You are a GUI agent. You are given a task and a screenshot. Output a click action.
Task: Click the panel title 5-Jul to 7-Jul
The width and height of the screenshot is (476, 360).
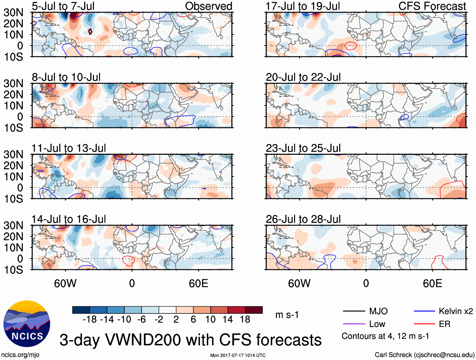coord(63,6)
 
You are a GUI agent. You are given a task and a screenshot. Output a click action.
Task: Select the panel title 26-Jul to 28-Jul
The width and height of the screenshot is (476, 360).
coord(303,219)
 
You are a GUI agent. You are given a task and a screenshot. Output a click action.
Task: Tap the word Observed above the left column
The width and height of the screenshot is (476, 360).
coord(208,6)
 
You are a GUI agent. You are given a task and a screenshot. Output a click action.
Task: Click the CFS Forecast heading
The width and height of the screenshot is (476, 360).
coord(432,6)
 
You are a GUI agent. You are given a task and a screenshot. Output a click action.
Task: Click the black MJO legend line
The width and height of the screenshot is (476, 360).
coord(354,311)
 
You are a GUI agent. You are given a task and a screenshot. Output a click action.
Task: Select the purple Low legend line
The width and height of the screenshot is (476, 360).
coord(354,324)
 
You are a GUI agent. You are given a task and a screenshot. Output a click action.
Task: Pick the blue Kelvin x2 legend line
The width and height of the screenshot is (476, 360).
coord(424,311)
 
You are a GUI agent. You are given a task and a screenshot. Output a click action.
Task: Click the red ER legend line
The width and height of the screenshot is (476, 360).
coord(424,324)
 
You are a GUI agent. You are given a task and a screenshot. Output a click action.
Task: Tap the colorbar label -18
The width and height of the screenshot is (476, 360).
coord(90,320)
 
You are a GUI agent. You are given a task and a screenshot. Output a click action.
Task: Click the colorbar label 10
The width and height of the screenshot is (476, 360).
coord(210,320)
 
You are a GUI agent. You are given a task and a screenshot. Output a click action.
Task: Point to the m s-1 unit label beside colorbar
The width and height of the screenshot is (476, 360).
coord(287,315)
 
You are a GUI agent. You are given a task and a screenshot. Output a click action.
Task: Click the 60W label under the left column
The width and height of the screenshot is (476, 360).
coord(65,283)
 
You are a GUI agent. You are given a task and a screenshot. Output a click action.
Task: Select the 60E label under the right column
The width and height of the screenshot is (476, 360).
coord(432,283)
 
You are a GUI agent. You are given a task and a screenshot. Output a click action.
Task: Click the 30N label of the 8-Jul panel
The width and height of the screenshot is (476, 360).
coord(13,84)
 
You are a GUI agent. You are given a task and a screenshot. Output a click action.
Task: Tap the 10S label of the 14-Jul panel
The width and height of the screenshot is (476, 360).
coord(13,270)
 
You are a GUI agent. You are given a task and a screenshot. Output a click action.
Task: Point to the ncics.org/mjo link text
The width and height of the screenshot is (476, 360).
coord(20,355)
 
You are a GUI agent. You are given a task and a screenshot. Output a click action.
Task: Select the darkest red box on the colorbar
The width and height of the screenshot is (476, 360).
coord(254,310)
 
